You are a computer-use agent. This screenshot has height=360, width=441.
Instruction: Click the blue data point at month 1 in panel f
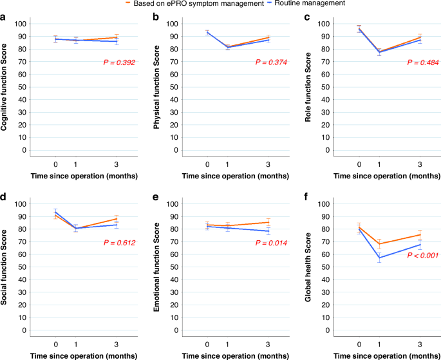379,258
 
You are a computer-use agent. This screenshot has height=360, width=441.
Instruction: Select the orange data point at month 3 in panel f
420,235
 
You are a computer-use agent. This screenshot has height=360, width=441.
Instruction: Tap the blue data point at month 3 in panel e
268,231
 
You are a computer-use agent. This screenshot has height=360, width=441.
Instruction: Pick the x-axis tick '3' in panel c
420,164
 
